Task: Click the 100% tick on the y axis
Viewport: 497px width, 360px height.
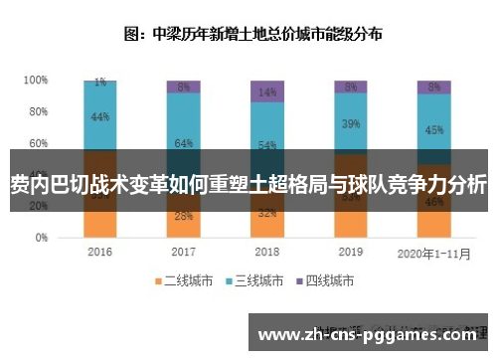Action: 37,80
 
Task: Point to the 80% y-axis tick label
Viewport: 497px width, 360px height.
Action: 39,111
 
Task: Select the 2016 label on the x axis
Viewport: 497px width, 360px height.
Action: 99,252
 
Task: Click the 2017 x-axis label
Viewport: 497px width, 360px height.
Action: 183,252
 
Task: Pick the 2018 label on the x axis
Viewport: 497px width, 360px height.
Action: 266,252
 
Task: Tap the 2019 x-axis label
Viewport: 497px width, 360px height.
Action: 350,252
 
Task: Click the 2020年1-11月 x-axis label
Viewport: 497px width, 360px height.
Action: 433,252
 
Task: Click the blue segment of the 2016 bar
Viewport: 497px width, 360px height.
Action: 99,117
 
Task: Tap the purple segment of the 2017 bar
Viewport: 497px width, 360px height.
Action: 183,86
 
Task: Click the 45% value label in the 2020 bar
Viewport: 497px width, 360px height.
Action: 434,129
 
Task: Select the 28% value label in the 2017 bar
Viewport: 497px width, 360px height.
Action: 183,216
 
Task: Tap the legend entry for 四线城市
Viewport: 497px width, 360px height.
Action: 328,281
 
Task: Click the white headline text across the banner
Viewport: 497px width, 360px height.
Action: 248,184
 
